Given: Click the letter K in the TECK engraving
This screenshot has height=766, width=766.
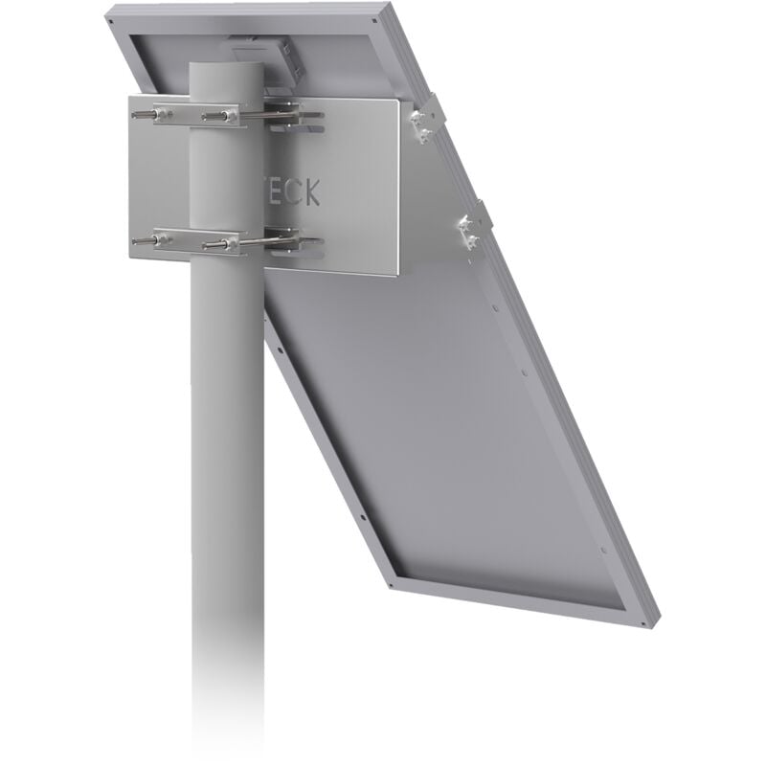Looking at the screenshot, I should tap(312, 193).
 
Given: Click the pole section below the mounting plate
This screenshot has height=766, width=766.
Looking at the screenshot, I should tap(227, 479).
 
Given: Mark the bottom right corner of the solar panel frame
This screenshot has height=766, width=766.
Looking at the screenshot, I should tap(654, 618).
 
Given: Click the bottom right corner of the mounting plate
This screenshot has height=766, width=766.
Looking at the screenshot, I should tap(396, 274).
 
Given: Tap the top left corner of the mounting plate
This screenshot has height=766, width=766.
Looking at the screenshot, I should tap(131, 96).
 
